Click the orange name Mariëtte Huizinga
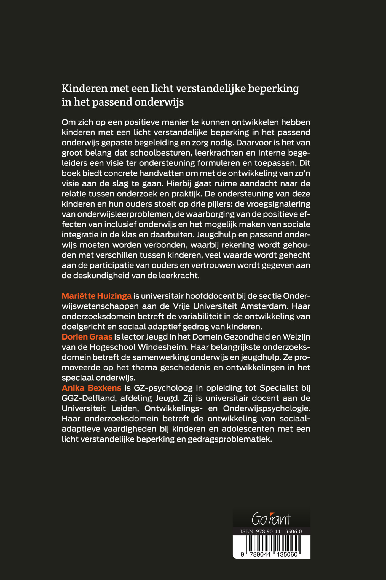coord(96,296)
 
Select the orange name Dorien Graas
coord(87,337)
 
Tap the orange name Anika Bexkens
coord(91,388)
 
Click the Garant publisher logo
coord(271,519)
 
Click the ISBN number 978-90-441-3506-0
coord(279,531)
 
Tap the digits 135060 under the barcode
coord(287,554)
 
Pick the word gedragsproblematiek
coord(230,439)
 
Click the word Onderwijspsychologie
coord(266,408)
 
